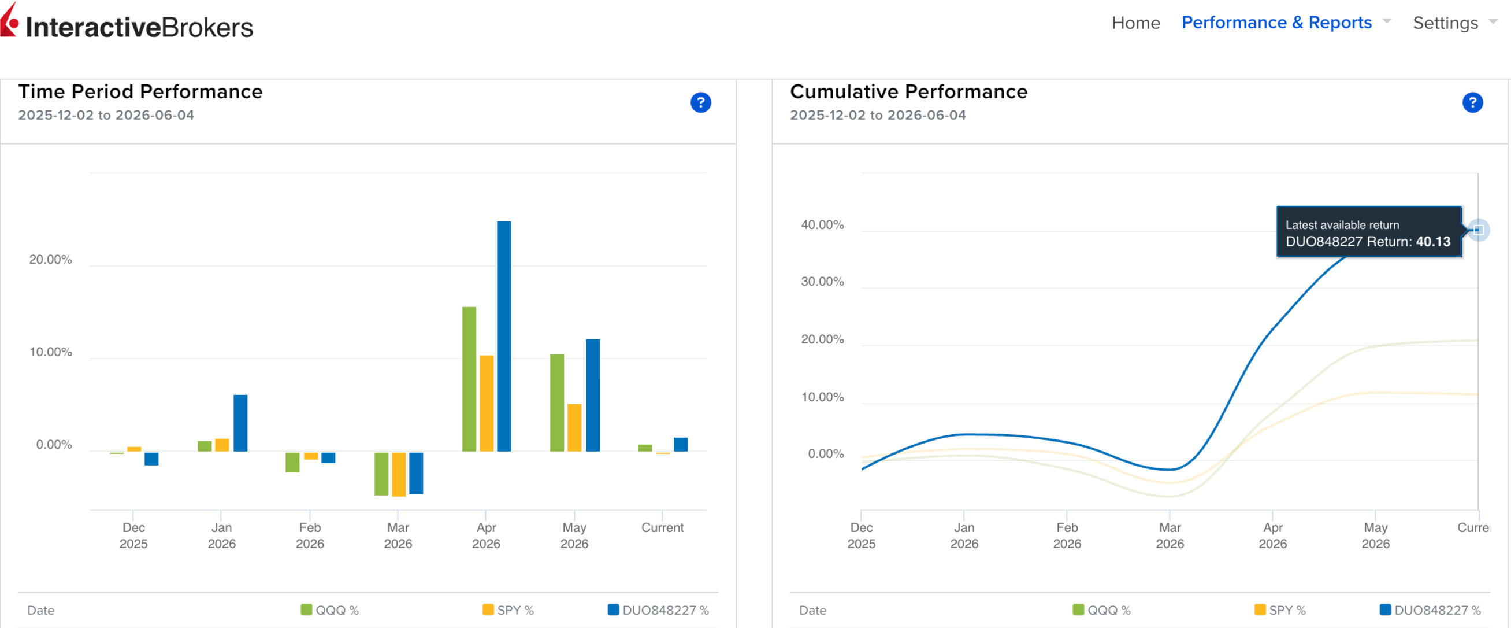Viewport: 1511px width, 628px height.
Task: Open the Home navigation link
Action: point(1135,23)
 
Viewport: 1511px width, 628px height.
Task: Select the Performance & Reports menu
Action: point(1276,23)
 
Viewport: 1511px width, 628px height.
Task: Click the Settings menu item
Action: point(1445,23)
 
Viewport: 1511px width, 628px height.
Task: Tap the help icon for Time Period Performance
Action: point(700,103)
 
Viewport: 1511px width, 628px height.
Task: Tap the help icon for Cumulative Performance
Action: point(1472,103)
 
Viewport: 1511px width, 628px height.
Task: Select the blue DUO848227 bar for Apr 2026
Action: point(504,337)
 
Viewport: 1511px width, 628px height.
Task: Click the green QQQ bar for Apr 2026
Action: point(469,379)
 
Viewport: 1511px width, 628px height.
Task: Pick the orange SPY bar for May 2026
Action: point(574,428)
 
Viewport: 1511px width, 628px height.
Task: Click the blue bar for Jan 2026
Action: point(240,423)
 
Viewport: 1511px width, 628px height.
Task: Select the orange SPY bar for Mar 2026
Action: point(399,474)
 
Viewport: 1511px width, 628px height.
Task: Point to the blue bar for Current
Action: point(681,444)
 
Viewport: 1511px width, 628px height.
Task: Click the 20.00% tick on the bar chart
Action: point(51,260)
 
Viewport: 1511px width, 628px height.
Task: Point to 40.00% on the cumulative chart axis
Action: point(822,225)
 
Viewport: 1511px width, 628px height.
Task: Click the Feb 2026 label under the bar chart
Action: point(310,535)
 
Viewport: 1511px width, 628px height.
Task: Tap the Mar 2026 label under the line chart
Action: point(1170,535)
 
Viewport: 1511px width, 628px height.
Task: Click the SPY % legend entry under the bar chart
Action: point(508,610)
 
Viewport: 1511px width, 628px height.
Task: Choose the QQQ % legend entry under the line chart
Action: point(1101,610)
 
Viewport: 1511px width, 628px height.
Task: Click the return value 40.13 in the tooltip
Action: point(1433,241)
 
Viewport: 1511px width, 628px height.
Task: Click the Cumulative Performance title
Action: point(908,91)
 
